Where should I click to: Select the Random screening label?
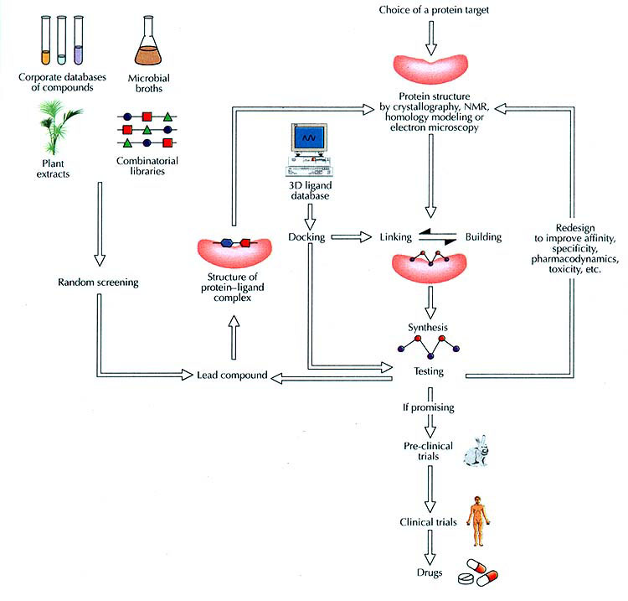pos(98,282)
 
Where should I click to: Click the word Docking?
pos(306,237)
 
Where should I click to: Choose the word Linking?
pos(395,237)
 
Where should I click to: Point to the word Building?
pos(483,237)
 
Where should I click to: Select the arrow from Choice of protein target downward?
pos(432,34)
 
